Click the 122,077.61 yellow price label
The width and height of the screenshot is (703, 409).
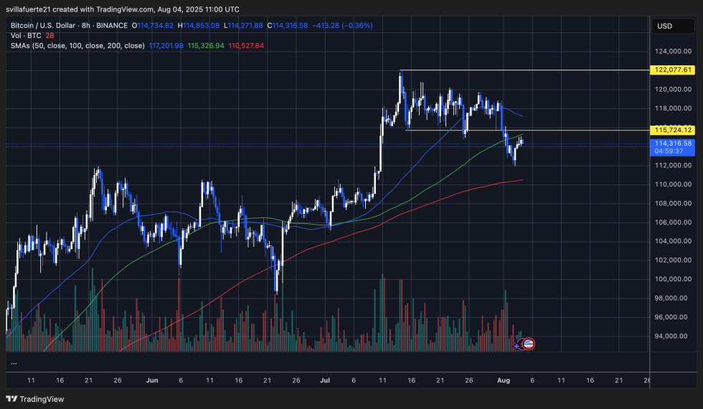[673, 70]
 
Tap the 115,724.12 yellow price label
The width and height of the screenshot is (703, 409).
[673, 130]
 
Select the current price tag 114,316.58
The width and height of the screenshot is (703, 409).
[673, 144]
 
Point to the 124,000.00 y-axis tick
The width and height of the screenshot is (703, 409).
[673, 51]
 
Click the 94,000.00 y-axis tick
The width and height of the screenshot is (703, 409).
[673, 336]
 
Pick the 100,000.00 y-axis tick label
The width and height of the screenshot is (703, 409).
[673, 279]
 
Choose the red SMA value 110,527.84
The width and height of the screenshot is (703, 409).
[246, 45]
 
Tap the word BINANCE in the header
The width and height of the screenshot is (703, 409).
[113, 25]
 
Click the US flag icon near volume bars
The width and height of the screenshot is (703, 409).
[529, 344]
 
